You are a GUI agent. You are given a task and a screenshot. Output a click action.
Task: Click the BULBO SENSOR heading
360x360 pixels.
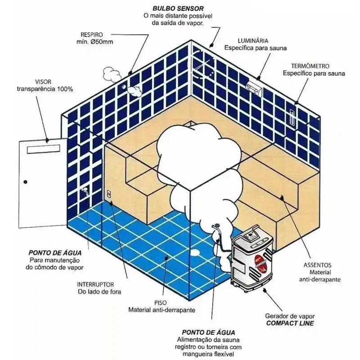[178, 9]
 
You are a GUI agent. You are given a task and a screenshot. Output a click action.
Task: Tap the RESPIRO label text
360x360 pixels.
[92, 35]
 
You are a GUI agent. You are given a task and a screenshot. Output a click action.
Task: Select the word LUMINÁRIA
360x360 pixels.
[253, 40]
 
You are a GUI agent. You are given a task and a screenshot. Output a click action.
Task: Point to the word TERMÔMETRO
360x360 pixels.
[310, 66]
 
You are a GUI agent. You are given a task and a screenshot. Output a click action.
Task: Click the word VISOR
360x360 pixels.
[43, 82]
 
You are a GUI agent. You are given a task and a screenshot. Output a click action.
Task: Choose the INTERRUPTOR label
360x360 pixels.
[95, 285]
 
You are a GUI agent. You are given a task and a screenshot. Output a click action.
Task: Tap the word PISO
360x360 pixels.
[161, 303]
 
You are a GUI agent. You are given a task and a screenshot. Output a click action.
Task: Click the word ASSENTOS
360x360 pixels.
[317, 265]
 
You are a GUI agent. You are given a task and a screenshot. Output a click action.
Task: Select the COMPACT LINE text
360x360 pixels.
[290, 323]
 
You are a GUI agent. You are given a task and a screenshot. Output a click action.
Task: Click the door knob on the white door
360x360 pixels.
[26, 182]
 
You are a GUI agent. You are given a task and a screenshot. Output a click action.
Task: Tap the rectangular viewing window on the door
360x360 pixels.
[43, 149]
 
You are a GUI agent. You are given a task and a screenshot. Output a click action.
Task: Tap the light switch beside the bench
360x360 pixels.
[109, 194]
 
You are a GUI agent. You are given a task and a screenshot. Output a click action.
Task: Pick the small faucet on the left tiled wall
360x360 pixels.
[85, 191]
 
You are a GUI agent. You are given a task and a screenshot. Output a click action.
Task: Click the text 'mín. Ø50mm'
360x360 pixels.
[94, 42]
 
